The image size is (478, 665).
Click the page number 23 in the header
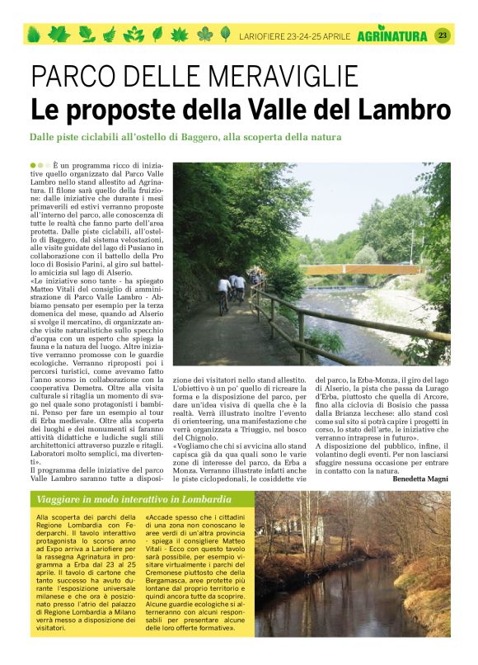pyautogui.click(x=442, y=35)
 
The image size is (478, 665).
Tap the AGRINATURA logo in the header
pyautogui.click(x=392, y=35)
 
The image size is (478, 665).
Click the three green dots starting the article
pyautogui.click(x=38, y=166)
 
